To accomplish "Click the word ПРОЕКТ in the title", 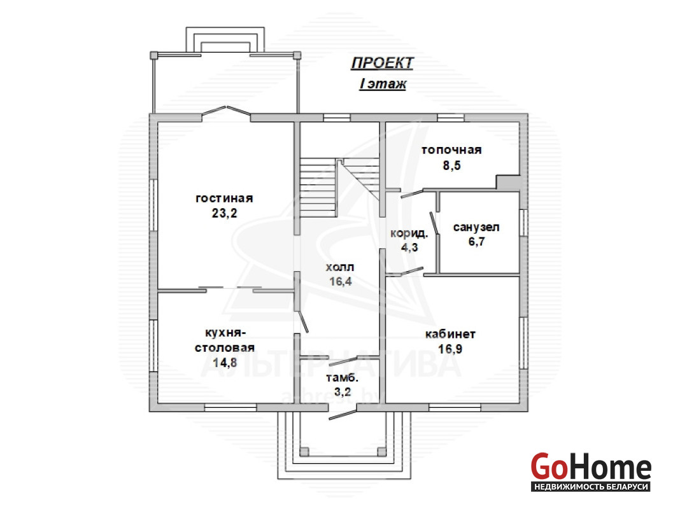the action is [x=382, y=63].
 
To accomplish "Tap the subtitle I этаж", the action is [x=383, y=83].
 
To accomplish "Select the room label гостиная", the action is [x=224, y=199].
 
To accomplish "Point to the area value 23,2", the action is [x=224, y=213].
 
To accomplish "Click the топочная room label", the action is [x=451, y=150].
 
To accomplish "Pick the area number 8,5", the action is [x=451, y=165].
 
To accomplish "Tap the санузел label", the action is [x=476, y=227].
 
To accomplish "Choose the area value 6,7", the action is [x=476, y=241].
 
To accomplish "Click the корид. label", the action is [x=409, y=234].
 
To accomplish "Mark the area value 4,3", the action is [x=409, y=248].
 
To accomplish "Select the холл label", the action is [x=340, y=267].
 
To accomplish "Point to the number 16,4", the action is [x=341, y=282].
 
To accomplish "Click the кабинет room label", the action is [x=450, y=335].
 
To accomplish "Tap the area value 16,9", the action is [x=450, y=349].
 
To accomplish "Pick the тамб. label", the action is [x=342, y=378].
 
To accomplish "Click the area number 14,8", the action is [x=225, y=362].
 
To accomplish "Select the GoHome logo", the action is [x=591, y=471].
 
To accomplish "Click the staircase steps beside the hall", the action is [x=318, y=187].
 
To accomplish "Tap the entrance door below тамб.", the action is [x=343, y=413].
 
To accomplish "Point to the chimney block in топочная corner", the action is [x=508, y=183].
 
